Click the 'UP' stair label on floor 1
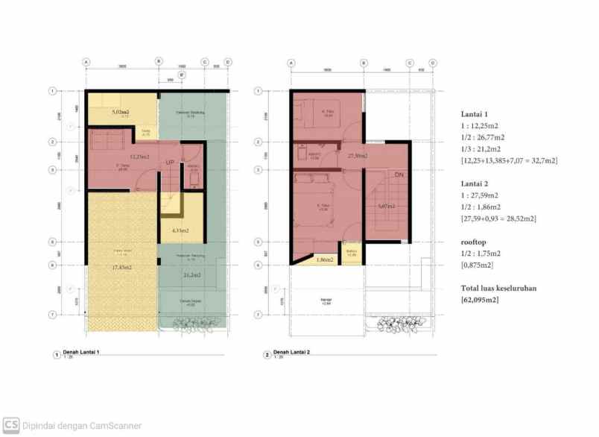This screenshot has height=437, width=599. (170, 162)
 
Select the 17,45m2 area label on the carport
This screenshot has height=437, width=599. (122, 267)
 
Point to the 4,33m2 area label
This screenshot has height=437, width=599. (180, 231)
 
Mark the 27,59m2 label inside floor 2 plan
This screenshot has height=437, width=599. (358, 156)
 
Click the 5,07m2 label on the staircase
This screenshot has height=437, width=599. (387, 207)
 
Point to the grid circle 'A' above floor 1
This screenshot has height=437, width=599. (86, 63)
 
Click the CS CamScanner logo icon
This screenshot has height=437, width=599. (10, 426)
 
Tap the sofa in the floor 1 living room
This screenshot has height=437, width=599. (107, 141)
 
